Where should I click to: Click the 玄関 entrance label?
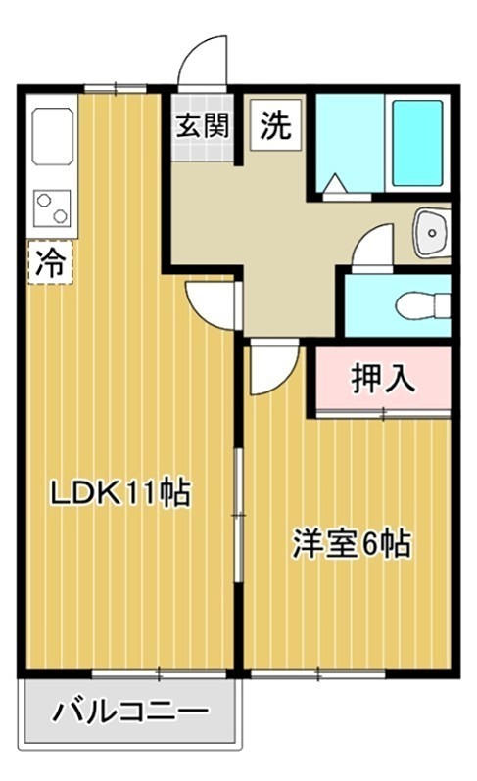[204, 126]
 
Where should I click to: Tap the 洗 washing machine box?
[275, 126]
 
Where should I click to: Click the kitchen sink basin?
[51, 134]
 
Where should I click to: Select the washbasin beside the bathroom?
[430, 232]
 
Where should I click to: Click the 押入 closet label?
[383, 377]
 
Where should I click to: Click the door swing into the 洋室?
[270, 370]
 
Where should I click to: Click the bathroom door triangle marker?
[334, 184]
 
